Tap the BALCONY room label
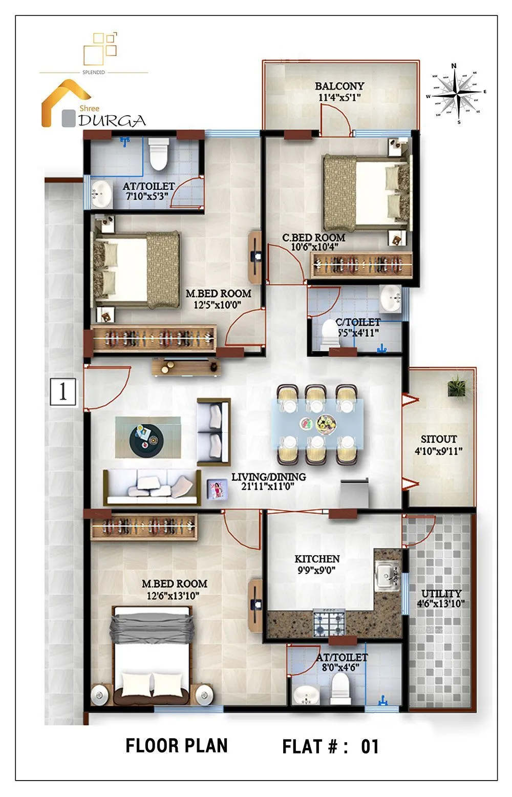339,86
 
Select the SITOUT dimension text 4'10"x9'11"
439,451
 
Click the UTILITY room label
441,594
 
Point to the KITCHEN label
317,559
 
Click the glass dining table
317,424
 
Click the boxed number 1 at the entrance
63,392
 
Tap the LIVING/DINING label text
268,477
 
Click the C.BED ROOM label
314,238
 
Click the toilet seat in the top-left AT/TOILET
158,154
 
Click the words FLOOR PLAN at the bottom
177,746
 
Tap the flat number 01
370,747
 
